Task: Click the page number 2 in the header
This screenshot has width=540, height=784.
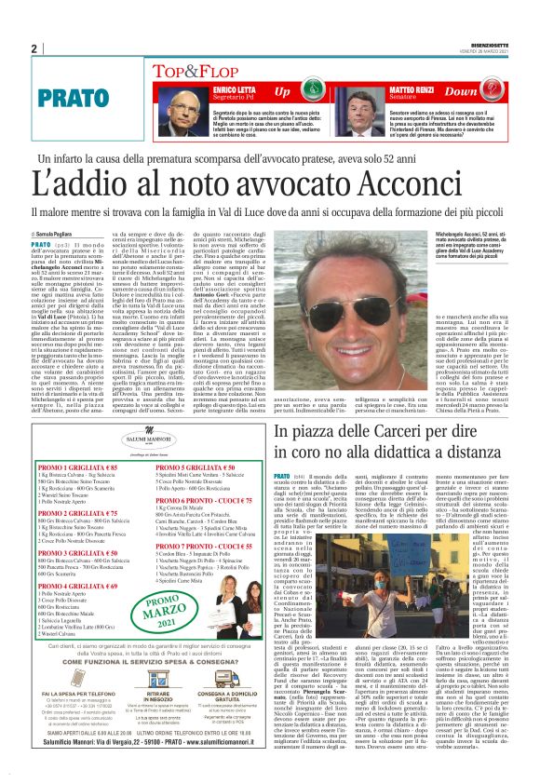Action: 34,49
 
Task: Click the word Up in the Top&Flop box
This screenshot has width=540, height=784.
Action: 282,92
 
